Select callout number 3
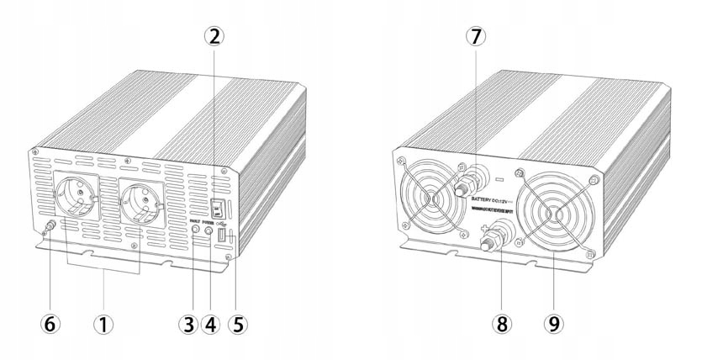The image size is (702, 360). tap(187, 323)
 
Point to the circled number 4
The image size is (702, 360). tap(212, 323)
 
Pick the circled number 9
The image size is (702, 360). tap(555, 323)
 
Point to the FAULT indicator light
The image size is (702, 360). tap(196, 229)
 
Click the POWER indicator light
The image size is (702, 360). tap(209, 229)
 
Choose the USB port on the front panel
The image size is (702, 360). tap(223, 239)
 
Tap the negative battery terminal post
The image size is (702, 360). tap(464, 187)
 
